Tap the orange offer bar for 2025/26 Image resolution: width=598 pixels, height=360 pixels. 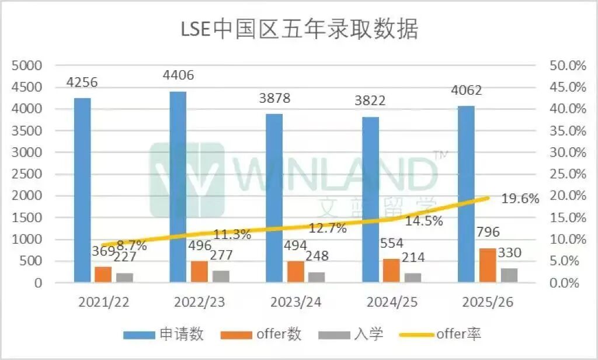point(488,266)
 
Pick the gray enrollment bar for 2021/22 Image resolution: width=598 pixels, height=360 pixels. point(124,278)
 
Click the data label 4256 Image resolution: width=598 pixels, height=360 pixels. point(82,82)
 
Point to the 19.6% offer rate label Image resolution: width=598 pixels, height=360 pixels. point(520,199)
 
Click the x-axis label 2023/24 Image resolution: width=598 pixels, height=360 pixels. point(295,302)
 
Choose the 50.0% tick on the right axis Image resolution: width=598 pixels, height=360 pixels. point(568,65)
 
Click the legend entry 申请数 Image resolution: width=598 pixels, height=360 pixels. point(164,334)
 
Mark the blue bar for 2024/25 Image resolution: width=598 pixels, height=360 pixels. point(370,200)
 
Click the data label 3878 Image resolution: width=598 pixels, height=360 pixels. point(274,99)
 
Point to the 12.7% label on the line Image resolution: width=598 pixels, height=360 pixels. point(328,228)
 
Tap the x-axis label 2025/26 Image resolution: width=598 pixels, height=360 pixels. point(487,302)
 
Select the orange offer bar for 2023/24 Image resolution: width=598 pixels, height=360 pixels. point(295,272)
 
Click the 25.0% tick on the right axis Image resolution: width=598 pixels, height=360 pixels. point(568,174)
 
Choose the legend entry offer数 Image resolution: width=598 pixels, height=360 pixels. point(263,334)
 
